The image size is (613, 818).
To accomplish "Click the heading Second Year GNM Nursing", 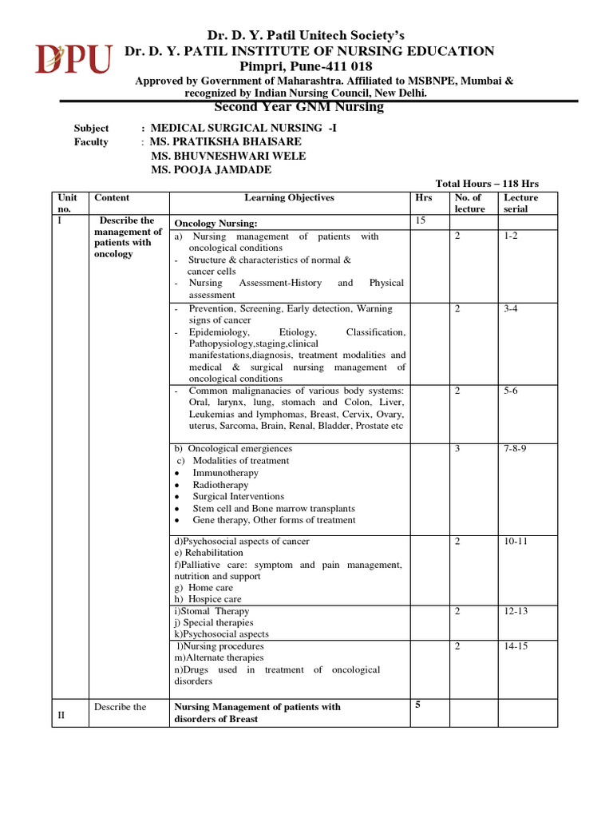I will [x=299, y=108].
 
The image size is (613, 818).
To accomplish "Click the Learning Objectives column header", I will [x=289, y=197].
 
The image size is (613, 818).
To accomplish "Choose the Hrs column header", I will [x=423, y=197].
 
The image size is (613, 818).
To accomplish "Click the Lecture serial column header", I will [x=520, y=203].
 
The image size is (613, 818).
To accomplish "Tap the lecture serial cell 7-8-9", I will [x=515, y=449].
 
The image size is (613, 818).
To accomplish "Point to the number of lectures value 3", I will [x=457, y=449].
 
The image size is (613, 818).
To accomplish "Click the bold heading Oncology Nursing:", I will [x=216, y=224].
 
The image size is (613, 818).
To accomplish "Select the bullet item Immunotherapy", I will [x=225, y=473].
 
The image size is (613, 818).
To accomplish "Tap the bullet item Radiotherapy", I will [x=220, y=485].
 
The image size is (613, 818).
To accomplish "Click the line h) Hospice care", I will [x=208, y=599].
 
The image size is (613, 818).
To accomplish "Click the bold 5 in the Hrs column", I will [x=417, y=705].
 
